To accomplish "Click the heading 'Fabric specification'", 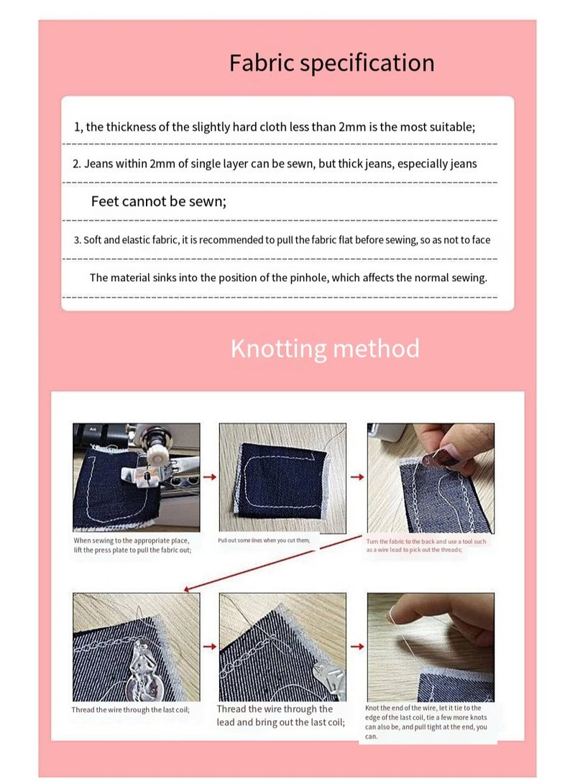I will (331, 63).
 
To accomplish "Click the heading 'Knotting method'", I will (325, 349).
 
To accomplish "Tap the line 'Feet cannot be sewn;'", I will (158, 202).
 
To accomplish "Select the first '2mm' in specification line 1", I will (346, 127).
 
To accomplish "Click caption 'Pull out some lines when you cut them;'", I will (264, 540).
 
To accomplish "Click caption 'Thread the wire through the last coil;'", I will (130, 710).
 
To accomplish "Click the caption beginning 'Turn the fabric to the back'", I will (426, 545).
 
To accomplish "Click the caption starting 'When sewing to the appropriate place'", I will (132, 545).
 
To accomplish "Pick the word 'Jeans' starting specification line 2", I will (98, 164).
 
